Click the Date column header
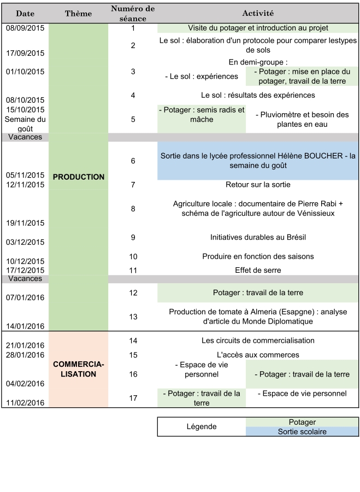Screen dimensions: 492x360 coord(25,13)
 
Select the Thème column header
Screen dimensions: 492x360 coord(79,13)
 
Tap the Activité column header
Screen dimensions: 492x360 coord(258,13)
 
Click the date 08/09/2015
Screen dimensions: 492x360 coord(25,28)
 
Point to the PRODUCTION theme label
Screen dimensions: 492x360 coord(79,177)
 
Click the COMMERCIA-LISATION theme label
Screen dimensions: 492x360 coord(79,370)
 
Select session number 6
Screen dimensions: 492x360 coord(133,161)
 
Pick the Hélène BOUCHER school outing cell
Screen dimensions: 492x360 coord(258,161)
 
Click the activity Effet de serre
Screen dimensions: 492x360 coord(258,270)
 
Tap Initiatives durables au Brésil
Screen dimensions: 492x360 coord(258,237)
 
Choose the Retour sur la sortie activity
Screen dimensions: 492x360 coord(258,185)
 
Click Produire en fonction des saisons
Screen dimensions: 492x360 coord(258,256)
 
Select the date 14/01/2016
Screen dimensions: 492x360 coord(25,326)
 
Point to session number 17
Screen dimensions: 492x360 coord(133,398)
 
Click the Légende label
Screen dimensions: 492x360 coord(202,427)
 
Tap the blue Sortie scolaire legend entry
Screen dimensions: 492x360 coord(302,432)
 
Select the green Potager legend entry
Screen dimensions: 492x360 coord(302,422)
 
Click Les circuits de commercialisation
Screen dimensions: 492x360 coord(258,341)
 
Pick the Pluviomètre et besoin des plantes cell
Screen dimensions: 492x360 coord(302,120)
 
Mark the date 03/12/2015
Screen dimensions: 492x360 coord(25,242)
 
